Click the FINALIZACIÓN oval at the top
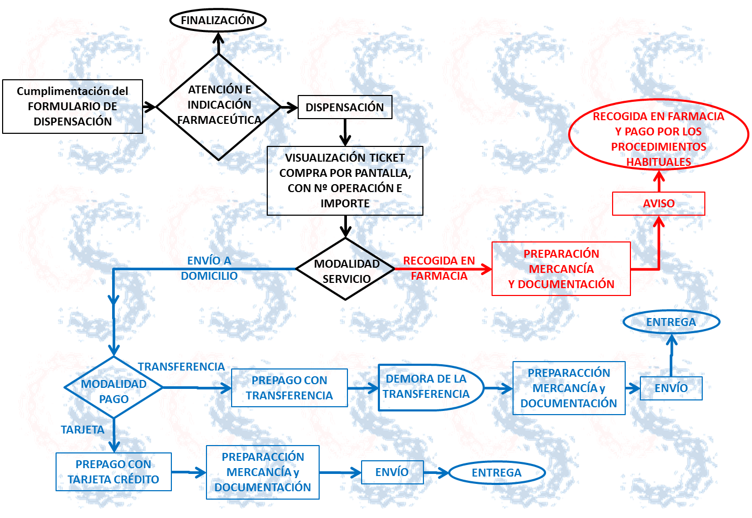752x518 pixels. tap(217, 20)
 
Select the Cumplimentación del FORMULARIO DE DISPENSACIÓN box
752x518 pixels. tap(72, 107)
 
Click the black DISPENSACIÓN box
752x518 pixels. tap(344, 107)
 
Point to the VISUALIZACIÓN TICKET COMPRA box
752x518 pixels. tap(345, 181)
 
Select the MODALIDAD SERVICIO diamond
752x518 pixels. tap(346, 270)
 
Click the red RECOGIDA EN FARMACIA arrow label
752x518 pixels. tap(439, 268)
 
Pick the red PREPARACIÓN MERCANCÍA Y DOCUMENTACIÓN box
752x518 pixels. tap(561, 269)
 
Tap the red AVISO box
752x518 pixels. tap(658, 204)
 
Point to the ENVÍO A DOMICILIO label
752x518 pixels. tap(209, 268)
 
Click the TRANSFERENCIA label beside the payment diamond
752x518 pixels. tap(181, 367)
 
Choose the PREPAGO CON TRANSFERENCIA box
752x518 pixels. tap(289, 388)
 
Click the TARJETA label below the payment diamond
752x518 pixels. tap(82, 430)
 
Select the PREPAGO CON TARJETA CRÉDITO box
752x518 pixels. tap(113, 472)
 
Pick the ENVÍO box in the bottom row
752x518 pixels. tap(392, 472)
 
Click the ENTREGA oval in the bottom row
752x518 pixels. tap(497, 473)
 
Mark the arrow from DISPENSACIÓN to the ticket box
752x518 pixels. tap(345, 132)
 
